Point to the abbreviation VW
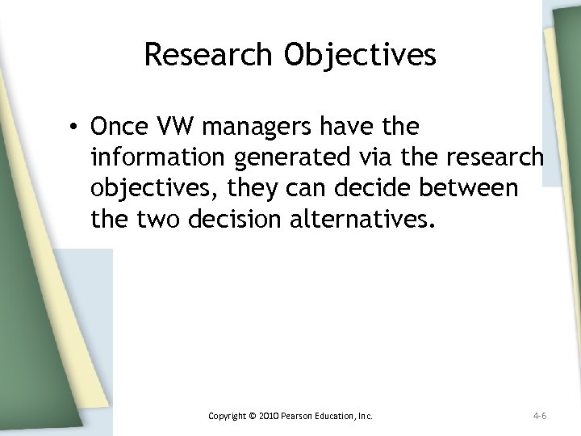[173, 128]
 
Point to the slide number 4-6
[540, 417]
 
